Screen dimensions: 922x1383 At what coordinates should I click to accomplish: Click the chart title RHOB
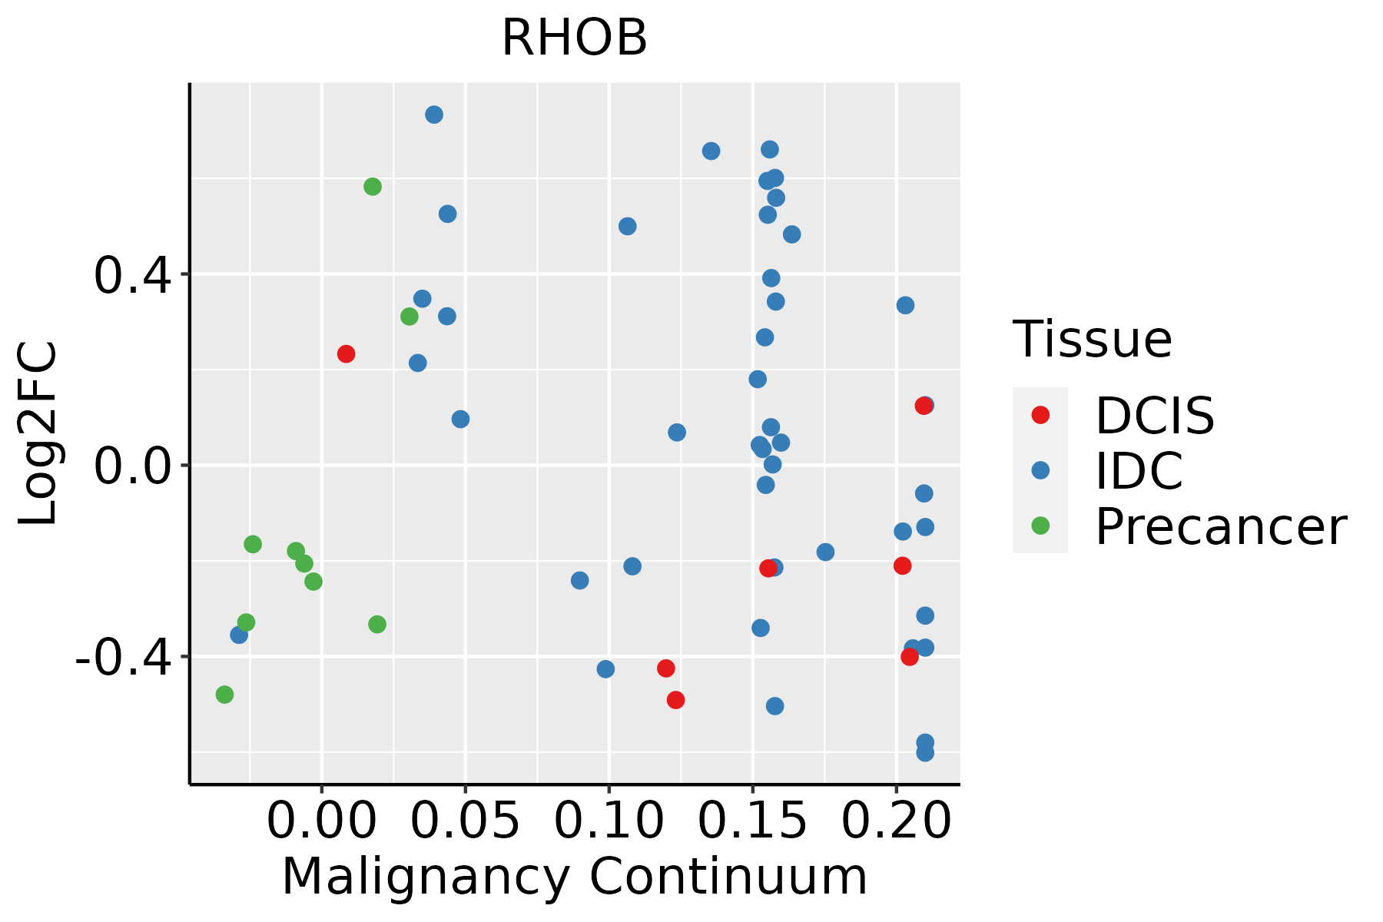pyautogui.click(x=574, y=38)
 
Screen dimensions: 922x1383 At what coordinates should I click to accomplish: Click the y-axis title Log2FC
pyautogui.click(x=38, y=433)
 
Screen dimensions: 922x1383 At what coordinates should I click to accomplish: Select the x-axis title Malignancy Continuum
pyautogui.click(x=574, y=877)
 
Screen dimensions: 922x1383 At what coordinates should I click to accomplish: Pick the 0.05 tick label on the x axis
pyautogui.click(x=465, y=821)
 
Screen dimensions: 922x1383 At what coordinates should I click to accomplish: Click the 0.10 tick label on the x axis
pyautogui.click(x=609, y=821)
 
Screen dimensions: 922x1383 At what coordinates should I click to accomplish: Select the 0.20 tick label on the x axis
pyautogui.click(x=896, y=821)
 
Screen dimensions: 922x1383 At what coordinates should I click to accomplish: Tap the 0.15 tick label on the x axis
pyautogui.click(x=752, y=821)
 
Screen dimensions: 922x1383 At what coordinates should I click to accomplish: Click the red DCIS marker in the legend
pyautogui.click(x=1040, y=415)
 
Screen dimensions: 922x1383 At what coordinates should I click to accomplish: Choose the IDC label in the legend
pyautogui.click(x=1139, y=471)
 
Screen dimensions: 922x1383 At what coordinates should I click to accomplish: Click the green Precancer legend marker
pyautogui.click(x=1040, y=526)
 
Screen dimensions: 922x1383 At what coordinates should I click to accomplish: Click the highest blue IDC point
pyautogui.click(x=434, y=114)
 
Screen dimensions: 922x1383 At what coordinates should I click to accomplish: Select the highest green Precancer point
pyautogui.click(x=373, y=187)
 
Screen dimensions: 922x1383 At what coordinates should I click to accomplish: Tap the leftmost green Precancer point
pyautogui.click(x=224, y=695)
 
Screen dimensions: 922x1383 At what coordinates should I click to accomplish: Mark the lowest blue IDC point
pyautogui.click(x=925, y=752)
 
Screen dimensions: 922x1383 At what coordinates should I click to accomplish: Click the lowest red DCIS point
pyautogui.click(x=676, y=700)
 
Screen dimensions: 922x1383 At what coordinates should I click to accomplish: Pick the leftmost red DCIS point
pyautogui.click(x=346, y=354)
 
